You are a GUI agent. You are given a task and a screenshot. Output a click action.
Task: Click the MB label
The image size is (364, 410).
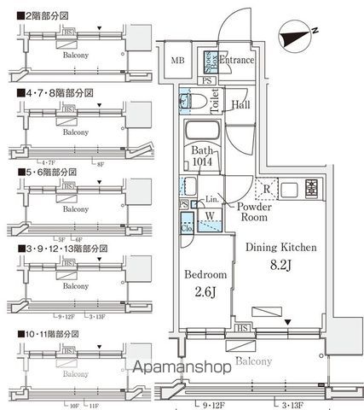click(x=177, y=61)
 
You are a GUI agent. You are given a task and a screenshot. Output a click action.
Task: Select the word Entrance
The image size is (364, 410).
click(x=237, y=61)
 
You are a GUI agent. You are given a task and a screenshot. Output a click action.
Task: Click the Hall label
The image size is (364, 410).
click(x=240, y=106)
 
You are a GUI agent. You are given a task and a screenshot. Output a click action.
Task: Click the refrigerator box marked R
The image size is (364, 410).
click(x=267, y=189)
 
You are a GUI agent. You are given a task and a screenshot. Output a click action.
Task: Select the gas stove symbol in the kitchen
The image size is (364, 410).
click(x=311, y=189)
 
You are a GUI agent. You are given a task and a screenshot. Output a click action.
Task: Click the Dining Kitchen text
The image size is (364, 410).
click(x=281, y=248)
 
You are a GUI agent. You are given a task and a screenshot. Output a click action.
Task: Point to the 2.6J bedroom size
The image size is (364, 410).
click(x=205, y=292)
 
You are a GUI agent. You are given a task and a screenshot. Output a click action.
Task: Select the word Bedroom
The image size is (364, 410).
click(x=205, y=275)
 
